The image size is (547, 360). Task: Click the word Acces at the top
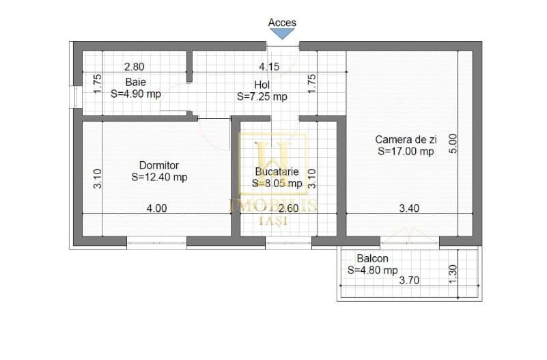coord(282,23)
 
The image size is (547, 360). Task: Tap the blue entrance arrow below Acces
coord(282,33)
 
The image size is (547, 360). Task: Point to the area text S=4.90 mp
coord(136,94)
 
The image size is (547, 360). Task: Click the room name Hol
coord(262,85)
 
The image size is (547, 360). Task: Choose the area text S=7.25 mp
coord(262,96)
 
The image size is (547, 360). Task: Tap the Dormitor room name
coord(159,165)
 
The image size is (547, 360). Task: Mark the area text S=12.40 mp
coord(159,177)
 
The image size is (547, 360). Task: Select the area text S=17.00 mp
coord(406,151)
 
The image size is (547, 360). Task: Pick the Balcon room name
coord(373,258)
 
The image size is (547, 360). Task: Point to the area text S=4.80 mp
coord(373,270)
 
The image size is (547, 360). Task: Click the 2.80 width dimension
coord(134,67)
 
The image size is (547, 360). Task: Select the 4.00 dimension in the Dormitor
coord(156,208)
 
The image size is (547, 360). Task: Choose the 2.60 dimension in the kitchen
coord(289,208)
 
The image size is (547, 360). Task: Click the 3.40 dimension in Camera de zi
coord(409,208)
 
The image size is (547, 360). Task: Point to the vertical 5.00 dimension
coord(453,143)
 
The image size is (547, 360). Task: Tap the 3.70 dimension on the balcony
coord(409,280)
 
